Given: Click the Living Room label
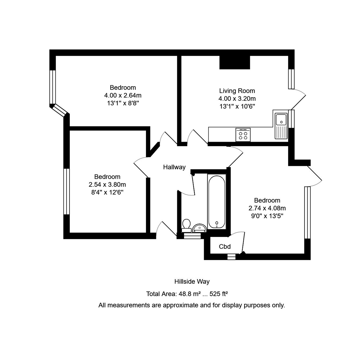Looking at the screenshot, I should coord(237,91).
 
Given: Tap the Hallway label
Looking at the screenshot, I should coord(174,167).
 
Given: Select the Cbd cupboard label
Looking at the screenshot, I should coord(225,247).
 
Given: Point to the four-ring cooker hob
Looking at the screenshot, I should coord(243,135).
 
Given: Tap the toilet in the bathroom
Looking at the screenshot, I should coord(186,225).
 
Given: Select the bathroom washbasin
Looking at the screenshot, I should coord(199,228).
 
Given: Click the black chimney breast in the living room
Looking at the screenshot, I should coord(234,63).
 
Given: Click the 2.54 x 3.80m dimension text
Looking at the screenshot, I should coord(107,185).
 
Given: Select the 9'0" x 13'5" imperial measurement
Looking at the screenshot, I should coord(267,216).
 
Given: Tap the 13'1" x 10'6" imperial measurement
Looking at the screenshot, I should coord(237,106).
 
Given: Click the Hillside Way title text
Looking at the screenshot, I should coord(192,281).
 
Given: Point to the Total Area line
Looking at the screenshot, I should coord(187,294).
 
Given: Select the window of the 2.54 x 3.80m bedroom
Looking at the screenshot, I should coord(66,191).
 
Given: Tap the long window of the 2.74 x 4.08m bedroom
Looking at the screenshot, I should coord(307,213).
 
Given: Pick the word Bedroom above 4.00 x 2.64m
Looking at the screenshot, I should coord(123,88).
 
